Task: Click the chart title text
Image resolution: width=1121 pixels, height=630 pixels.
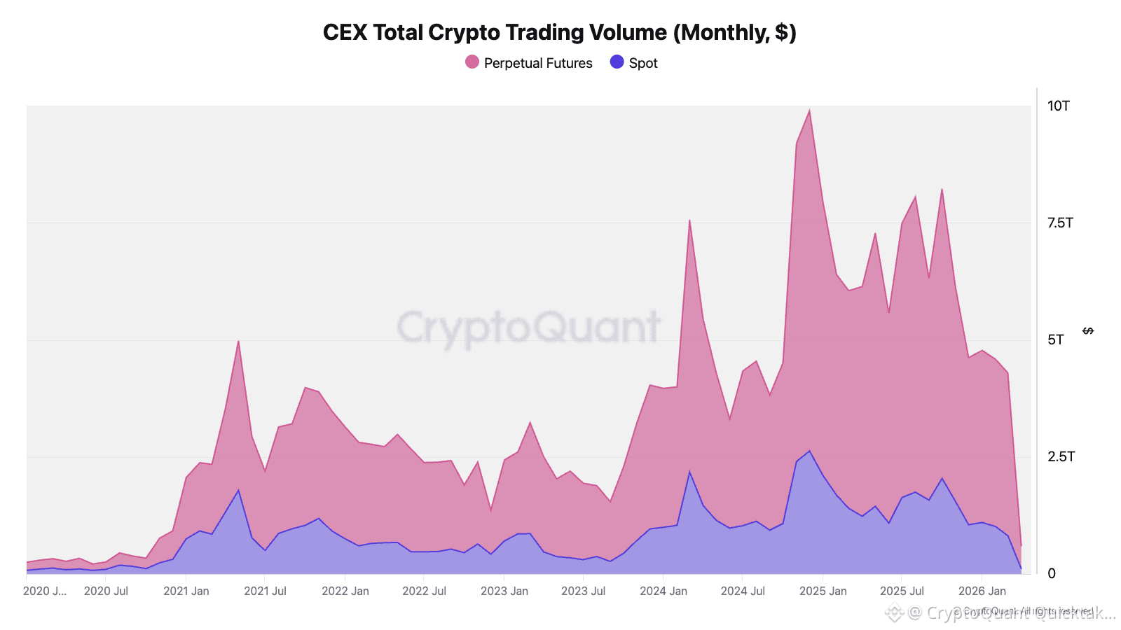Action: [x=559, y=33]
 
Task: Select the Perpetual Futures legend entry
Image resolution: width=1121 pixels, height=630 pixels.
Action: [x=537, y=63]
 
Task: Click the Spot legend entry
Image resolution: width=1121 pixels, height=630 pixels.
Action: [x=642, y=63]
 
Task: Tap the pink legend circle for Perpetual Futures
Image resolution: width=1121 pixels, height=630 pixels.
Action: [x=472, y=62]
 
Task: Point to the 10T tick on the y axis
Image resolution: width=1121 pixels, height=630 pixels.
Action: [x=1058, y=106]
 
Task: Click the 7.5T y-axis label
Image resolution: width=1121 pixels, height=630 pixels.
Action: [x=1059, y=223]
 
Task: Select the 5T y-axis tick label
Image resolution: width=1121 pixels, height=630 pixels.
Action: [x=1055, y=339]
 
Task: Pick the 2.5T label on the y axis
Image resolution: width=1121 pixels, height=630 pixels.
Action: [x=1060, y=456]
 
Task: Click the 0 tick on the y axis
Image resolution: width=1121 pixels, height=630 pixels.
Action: [x=1051, y=573]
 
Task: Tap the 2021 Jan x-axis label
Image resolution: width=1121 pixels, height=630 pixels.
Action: [x=186, y=591]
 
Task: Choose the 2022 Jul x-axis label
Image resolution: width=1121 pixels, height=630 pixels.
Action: [x=424, y=591]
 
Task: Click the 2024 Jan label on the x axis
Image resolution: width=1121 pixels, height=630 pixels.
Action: [x=663, y=591]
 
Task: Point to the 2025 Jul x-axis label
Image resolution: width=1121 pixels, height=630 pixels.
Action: [x=902, y=591]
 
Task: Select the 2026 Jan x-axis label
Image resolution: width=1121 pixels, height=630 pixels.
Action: [x=982, y=591]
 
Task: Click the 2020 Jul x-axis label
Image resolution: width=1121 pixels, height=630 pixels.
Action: [x=106, y=591]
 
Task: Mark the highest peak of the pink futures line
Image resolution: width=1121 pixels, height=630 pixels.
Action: [x=809, y=110]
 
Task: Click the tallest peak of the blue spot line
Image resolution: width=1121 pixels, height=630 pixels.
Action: [x=809, y=451]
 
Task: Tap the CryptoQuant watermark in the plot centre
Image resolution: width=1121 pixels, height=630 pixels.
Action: [x=528, y=326]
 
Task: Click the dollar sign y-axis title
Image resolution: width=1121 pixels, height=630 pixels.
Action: [x=1088, y=330]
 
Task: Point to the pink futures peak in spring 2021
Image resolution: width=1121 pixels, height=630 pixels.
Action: [x=238, y=341]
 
